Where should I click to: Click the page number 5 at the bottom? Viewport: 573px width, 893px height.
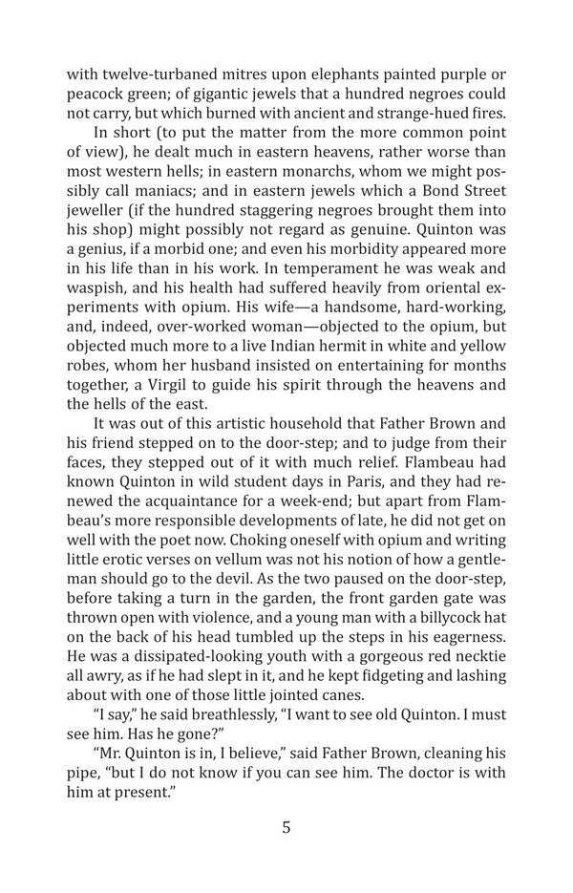[x=286, y=827]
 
